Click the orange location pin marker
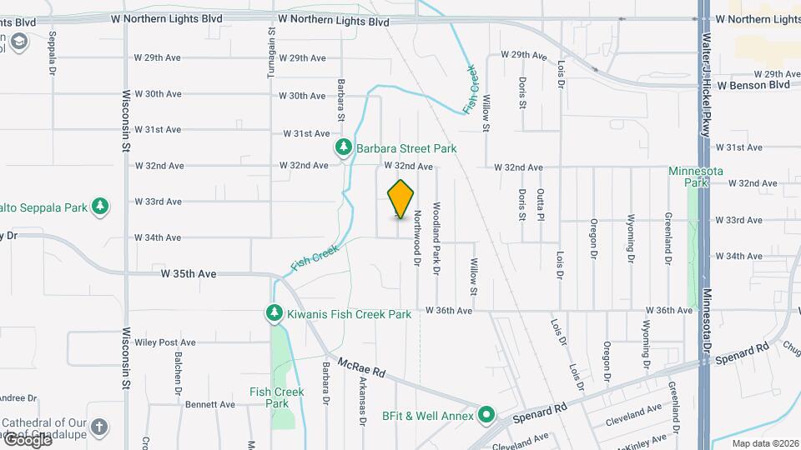tap(401, 198)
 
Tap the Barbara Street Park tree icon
tap(343, 148)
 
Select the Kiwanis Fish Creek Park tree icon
tap(274, 314)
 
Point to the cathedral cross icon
tap(99, 428)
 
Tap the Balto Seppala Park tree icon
tap(100, 206)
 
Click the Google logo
tap(28, 439)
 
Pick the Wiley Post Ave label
tap(165, 342)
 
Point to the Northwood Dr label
tap(416, 237)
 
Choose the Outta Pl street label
tap(542, 204)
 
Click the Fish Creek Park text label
tap(276, 397)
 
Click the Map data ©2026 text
tap(763, 443)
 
